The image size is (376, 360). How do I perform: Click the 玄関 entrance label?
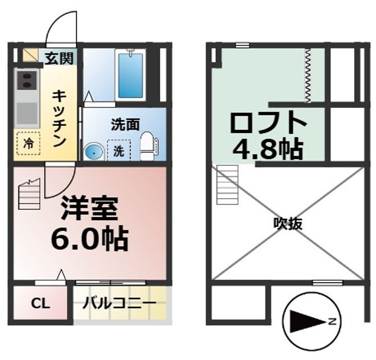point(58,57)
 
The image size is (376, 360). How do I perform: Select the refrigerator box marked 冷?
point(28,144)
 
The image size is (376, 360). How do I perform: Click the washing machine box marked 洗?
point(119,151)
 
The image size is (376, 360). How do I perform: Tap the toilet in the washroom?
point(148,146)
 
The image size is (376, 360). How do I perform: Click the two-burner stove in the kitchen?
point(26,81)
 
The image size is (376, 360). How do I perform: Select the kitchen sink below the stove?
point(26,112)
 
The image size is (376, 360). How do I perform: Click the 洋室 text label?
point(89,209)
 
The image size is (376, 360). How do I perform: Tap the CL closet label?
point(40,304)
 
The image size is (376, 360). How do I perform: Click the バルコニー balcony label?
point(120,304)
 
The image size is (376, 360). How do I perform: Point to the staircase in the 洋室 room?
point(29,195)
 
